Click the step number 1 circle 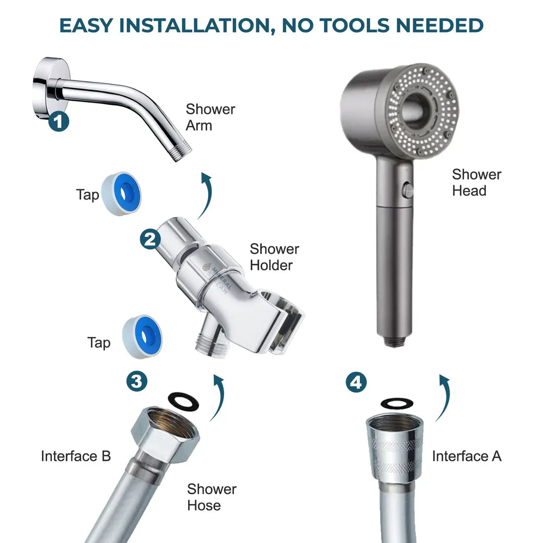[x=59, y=121]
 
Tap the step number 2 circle [x=150, y=239]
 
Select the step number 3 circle [x=137, y=381]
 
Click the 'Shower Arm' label [x=210, y=117]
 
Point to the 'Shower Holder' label [x=274, y=257]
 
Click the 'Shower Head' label [x=476, y=182]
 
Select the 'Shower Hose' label [x=211, y=497]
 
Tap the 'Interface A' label [x=466, y=456]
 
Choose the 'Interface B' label [x=76, y=456]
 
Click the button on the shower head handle [x=408, y=190]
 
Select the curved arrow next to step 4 [x=443, y=397]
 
